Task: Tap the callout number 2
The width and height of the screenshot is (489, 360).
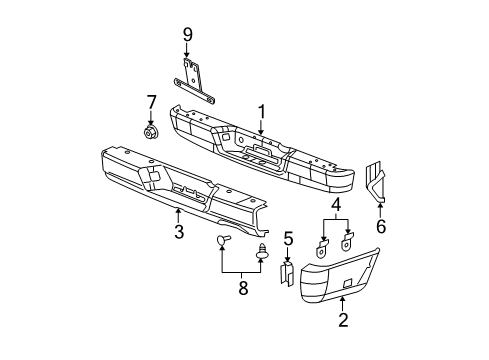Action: pyautogui.click(x=343, y=321)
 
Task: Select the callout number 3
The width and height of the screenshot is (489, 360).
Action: pyautogui.click(x=178, y=232)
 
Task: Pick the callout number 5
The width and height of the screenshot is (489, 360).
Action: pyautogui.click(x=287, y=237)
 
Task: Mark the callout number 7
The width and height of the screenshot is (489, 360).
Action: pyautogui.click(x=151, y=101)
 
